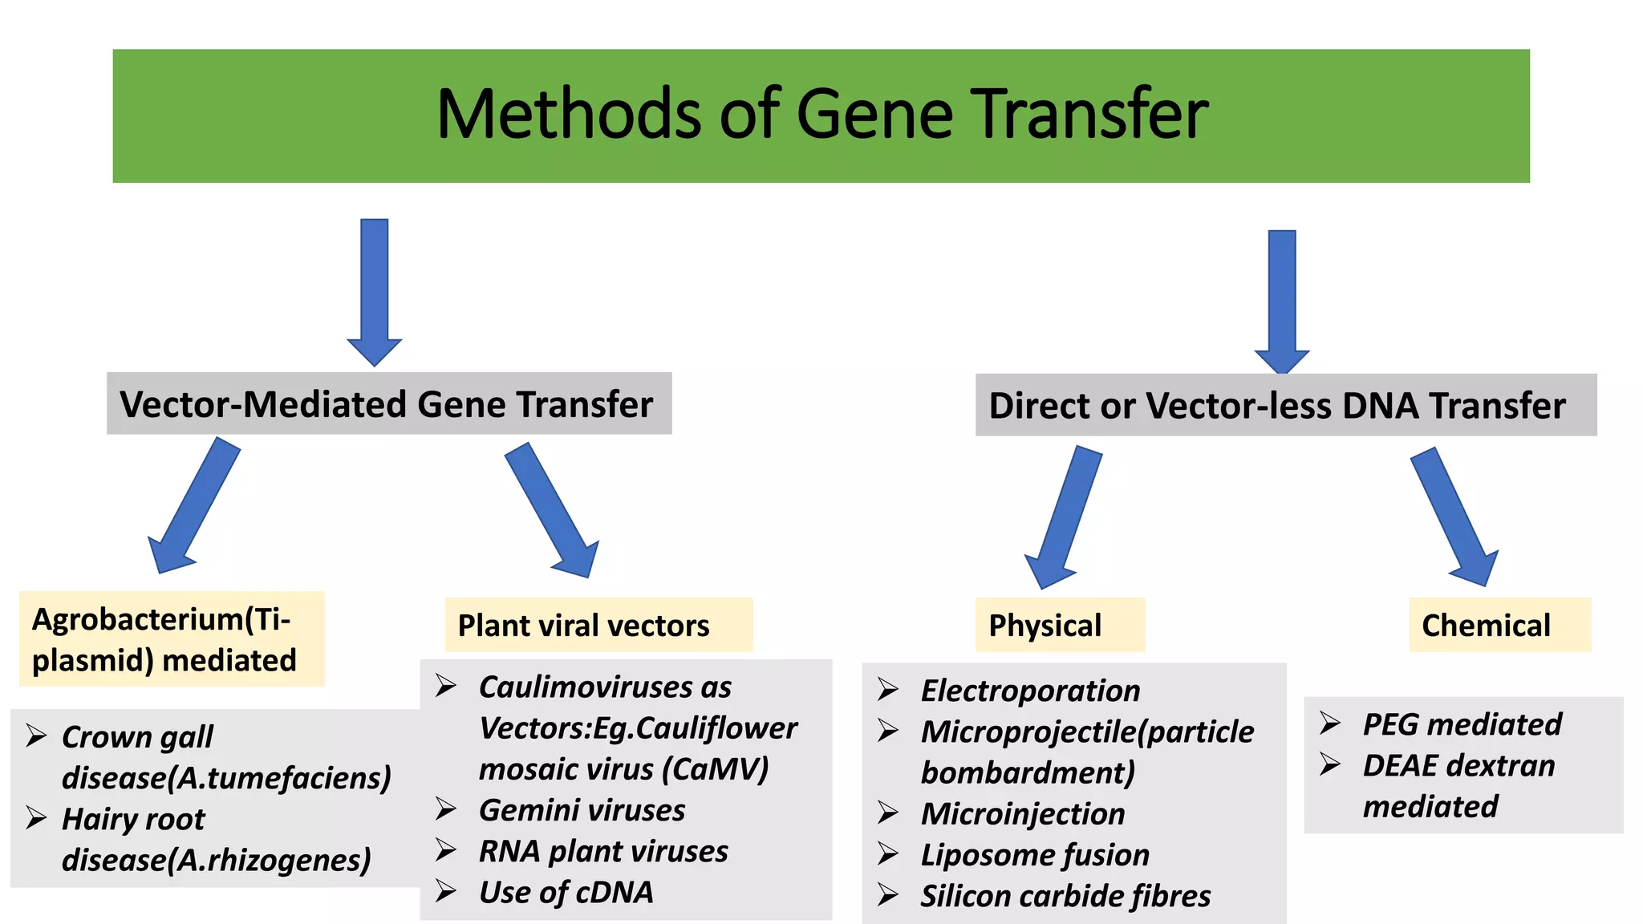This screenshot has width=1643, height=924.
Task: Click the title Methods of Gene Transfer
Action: tap(821, 115)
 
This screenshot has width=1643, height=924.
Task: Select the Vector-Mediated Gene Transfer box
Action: tap(388, 403)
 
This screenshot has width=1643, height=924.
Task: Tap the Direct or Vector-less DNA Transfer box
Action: tap(1285, 405)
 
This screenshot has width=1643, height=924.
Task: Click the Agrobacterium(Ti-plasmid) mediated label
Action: tap(171, 639)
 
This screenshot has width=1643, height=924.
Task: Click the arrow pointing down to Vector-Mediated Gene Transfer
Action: tap(375, 289)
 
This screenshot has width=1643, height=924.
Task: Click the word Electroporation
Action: tap(1030, 691)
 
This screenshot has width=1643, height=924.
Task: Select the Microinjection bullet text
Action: tap(1023, 814)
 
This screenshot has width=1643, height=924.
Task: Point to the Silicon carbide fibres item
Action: tap(1065, 896)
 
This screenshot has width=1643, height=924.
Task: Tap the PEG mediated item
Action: tap(1462, 724)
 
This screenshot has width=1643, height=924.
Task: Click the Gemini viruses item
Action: tap(582, 810)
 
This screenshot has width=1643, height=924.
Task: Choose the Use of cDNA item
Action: tap(566, 892)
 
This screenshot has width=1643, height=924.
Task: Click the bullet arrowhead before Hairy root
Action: tap(36, 817)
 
